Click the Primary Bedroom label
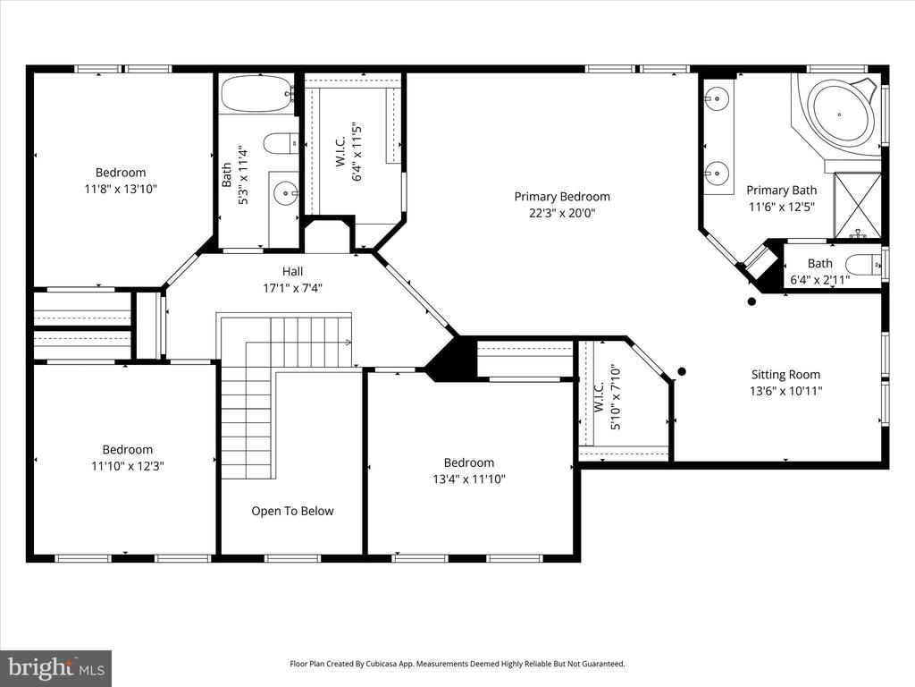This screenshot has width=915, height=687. pyautogui.click(x=562, y=197)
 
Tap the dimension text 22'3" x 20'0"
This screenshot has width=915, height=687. pyautogui.click(x=562, y=213)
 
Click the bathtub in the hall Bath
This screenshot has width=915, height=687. pyautogui.click(x=256, y=92)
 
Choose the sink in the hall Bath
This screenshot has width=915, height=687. pyautogui.click(x=285, y=191)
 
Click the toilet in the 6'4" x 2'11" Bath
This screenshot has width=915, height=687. pyautogui.click(x=863, y=265)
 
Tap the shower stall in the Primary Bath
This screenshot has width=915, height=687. pyautogui.click(x=857, y=205)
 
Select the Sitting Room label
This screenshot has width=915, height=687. pyautogui.click(x=785, y=375)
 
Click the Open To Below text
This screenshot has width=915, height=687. pyautogui.click(x=292, y=512)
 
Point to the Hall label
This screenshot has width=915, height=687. pyautogui.click(x=292, y=272)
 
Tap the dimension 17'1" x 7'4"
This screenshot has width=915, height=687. pyautogui.click(x=292, y=288)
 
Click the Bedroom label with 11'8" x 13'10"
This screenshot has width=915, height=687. pyautogui.click(x=121, y=173)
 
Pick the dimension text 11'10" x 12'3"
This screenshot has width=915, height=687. pyautogui.click(x=127, y=466)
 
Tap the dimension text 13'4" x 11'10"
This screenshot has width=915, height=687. pyautogui.click(x=469, y=479)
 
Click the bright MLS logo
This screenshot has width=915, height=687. pyautogui.click(x=55, y=667)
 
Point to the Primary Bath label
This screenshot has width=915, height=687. pyautogui.click(x=782, y=190)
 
